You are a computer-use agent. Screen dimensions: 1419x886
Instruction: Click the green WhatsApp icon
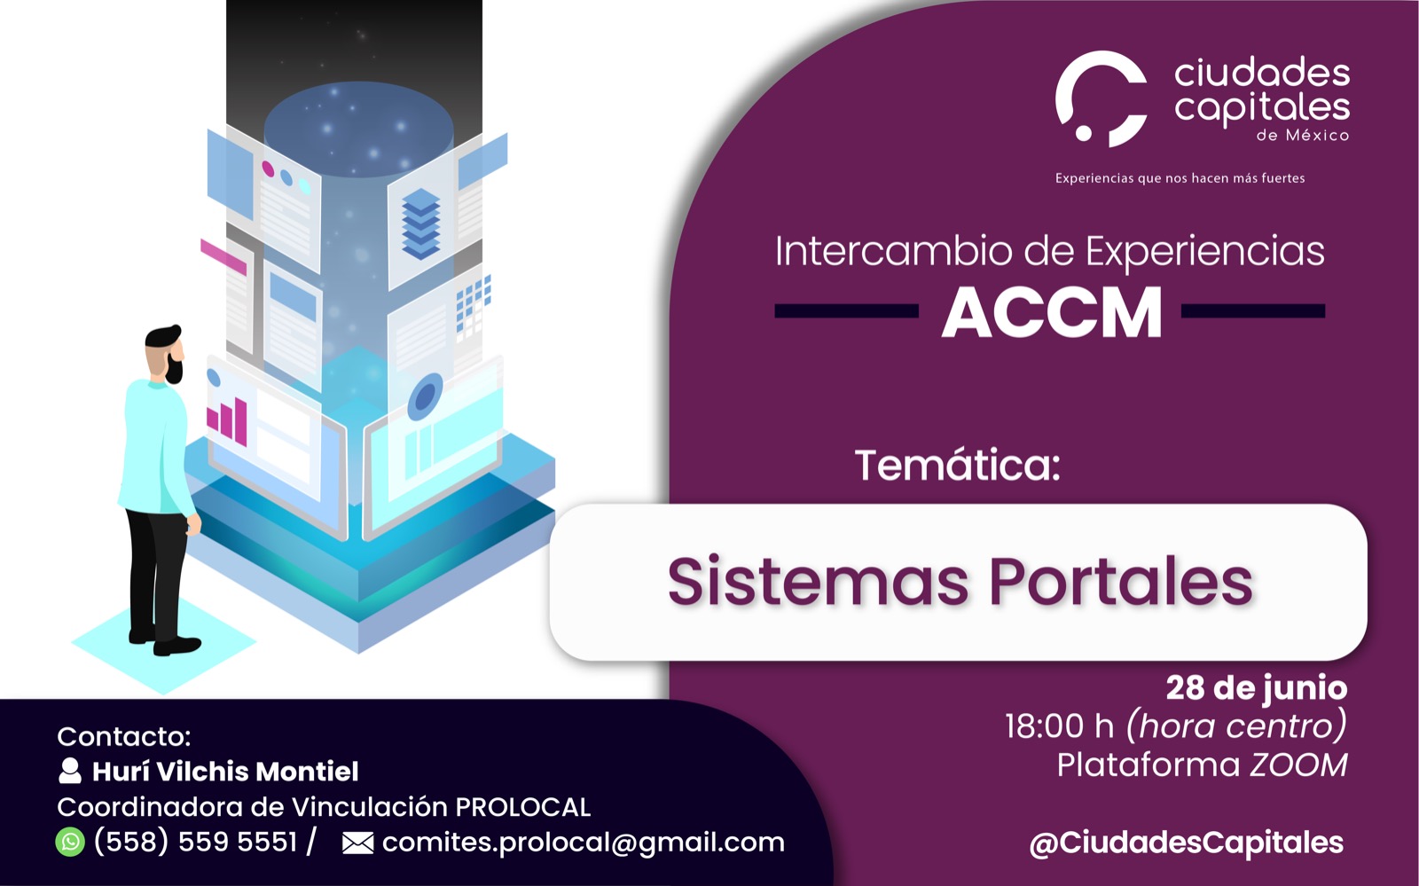[x=70, y=842]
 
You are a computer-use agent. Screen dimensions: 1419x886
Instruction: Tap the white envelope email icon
[x=358, y=843]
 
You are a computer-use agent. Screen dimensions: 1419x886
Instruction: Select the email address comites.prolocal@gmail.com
[x=584, y=843]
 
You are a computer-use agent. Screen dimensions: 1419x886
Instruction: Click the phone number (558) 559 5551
[x=195, y=842]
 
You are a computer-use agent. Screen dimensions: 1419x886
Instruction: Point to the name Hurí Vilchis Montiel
[x=225, y=772]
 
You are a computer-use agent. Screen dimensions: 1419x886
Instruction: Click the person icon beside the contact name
[x=70, y=771]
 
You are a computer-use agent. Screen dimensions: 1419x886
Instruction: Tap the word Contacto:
[x=124, y=736]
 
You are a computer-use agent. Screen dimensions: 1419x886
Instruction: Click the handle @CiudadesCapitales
[x=1187, y=843]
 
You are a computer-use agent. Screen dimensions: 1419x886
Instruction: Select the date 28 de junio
[x=1257, y=688]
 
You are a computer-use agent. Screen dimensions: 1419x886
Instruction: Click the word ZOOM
[x=1298, y=765]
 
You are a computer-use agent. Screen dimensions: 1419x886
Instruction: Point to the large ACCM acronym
[x=1052, y=313]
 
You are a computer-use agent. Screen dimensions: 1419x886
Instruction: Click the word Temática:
[x=958, y=466]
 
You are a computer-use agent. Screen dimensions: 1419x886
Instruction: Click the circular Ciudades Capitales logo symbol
[x=1101, y=98]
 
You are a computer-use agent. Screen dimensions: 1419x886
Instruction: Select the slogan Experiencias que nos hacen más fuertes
[x=1180, y=178]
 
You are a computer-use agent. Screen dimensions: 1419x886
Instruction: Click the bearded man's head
[x=165, y=355]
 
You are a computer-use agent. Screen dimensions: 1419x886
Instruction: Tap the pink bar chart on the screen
[x=227, y=420]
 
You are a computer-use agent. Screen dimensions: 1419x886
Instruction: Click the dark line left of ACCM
[x=846, y=311]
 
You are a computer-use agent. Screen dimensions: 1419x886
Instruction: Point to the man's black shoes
[x=165, y=641]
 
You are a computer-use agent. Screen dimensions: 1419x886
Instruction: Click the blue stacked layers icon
[x=420, y=223]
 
